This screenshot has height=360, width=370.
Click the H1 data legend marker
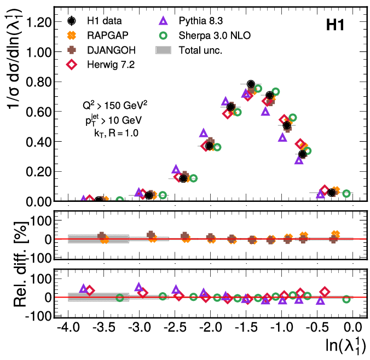coord(72,21)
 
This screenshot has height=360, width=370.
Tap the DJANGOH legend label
coord(109,50)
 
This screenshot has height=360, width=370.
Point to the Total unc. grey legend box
coord(164,50)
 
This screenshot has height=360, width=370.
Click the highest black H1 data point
coord(251,84)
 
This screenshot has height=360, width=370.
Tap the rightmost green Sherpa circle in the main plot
coord(346,193)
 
